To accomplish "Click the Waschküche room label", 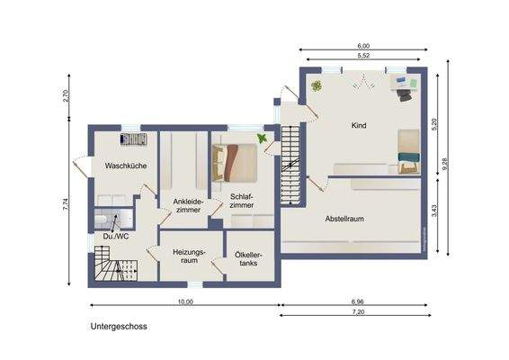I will [x=126, y=166].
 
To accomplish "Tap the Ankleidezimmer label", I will [x=189, y=205].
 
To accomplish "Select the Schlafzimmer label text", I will [x=241, y=201].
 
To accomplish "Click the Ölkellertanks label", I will [x=247, y=258].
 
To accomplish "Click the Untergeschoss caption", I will [x=118, y=327].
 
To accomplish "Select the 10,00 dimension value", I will [x=184, y=301].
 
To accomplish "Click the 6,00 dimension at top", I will [x=363, y=45].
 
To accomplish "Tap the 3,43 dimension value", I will [x=434, y=211].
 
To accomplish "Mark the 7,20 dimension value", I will [x=359, y=313].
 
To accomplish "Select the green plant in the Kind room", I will [x=317, y=86].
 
